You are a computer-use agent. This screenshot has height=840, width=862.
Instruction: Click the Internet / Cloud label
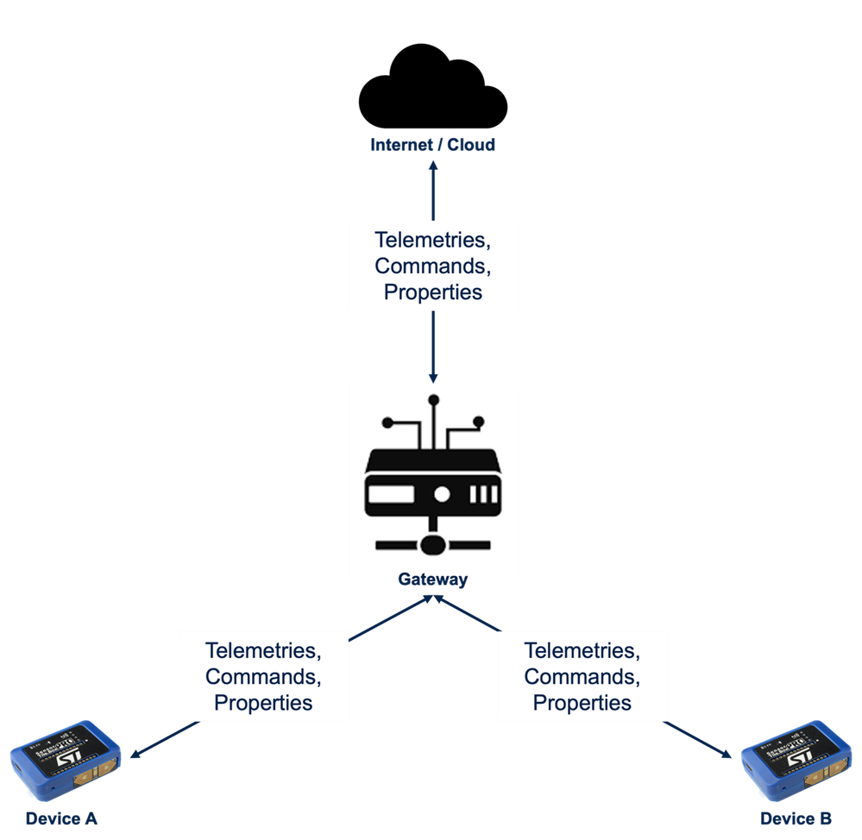[432, 145]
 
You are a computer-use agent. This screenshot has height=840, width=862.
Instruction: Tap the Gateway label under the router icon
[432, 580]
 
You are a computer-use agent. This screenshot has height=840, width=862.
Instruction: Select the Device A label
[60, 818]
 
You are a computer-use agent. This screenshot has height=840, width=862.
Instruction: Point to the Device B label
[796, 818]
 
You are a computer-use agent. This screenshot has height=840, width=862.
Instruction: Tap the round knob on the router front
[442, 495]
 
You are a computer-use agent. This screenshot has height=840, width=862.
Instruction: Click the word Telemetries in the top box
[432, 241]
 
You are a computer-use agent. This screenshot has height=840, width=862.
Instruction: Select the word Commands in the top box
[432, 266]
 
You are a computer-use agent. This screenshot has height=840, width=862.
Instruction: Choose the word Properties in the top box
[432, 291]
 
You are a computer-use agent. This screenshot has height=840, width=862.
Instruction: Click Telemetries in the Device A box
[263, 651]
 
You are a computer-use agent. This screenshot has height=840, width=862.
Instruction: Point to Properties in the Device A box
[263, 703]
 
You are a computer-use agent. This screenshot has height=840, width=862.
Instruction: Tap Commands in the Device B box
[582, 677]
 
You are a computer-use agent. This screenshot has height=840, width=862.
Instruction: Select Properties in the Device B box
[582, 703]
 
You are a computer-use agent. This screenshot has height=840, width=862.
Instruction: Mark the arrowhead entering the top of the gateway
[432, 378]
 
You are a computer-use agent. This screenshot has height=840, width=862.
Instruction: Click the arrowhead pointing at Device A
[135, 755]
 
